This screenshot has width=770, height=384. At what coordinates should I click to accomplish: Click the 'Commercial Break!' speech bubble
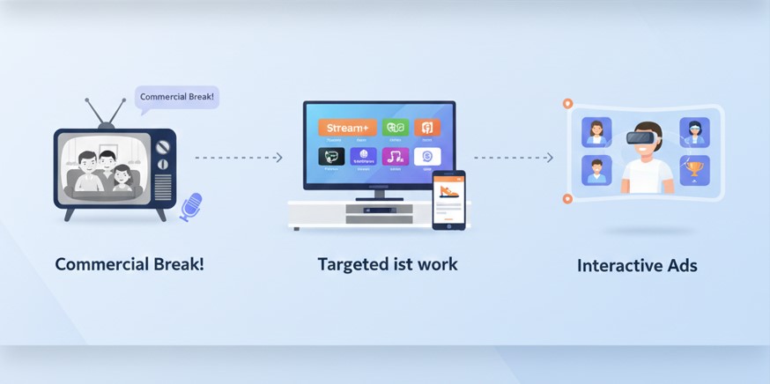[176, 97]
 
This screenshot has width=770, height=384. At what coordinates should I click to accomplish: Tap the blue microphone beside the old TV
[190, 206]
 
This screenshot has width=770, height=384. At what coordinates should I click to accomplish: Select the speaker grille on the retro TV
[163, 186]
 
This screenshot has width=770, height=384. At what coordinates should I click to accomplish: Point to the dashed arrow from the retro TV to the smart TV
[238, 158]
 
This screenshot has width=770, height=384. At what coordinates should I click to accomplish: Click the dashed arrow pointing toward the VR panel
[514, 158]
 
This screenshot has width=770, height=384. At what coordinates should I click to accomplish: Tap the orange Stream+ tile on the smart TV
[347, 129]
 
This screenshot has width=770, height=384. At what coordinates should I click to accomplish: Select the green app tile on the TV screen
[396, 129]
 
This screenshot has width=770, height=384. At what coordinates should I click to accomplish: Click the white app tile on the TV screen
[427, 158]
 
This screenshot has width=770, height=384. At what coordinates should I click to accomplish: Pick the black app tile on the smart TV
[331, 158]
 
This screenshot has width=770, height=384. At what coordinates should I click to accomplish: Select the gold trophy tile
[694, 168]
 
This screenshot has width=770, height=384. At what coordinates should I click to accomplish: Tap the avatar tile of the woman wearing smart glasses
[694, 133]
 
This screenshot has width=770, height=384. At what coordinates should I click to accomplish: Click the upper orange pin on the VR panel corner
[567, 104]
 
